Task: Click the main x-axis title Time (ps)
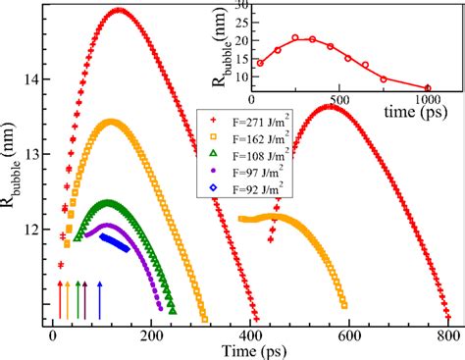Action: [x=250, y=350]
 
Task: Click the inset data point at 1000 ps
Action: [x=428, y=88]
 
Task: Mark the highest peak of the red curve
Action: [x=120, y=11]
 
